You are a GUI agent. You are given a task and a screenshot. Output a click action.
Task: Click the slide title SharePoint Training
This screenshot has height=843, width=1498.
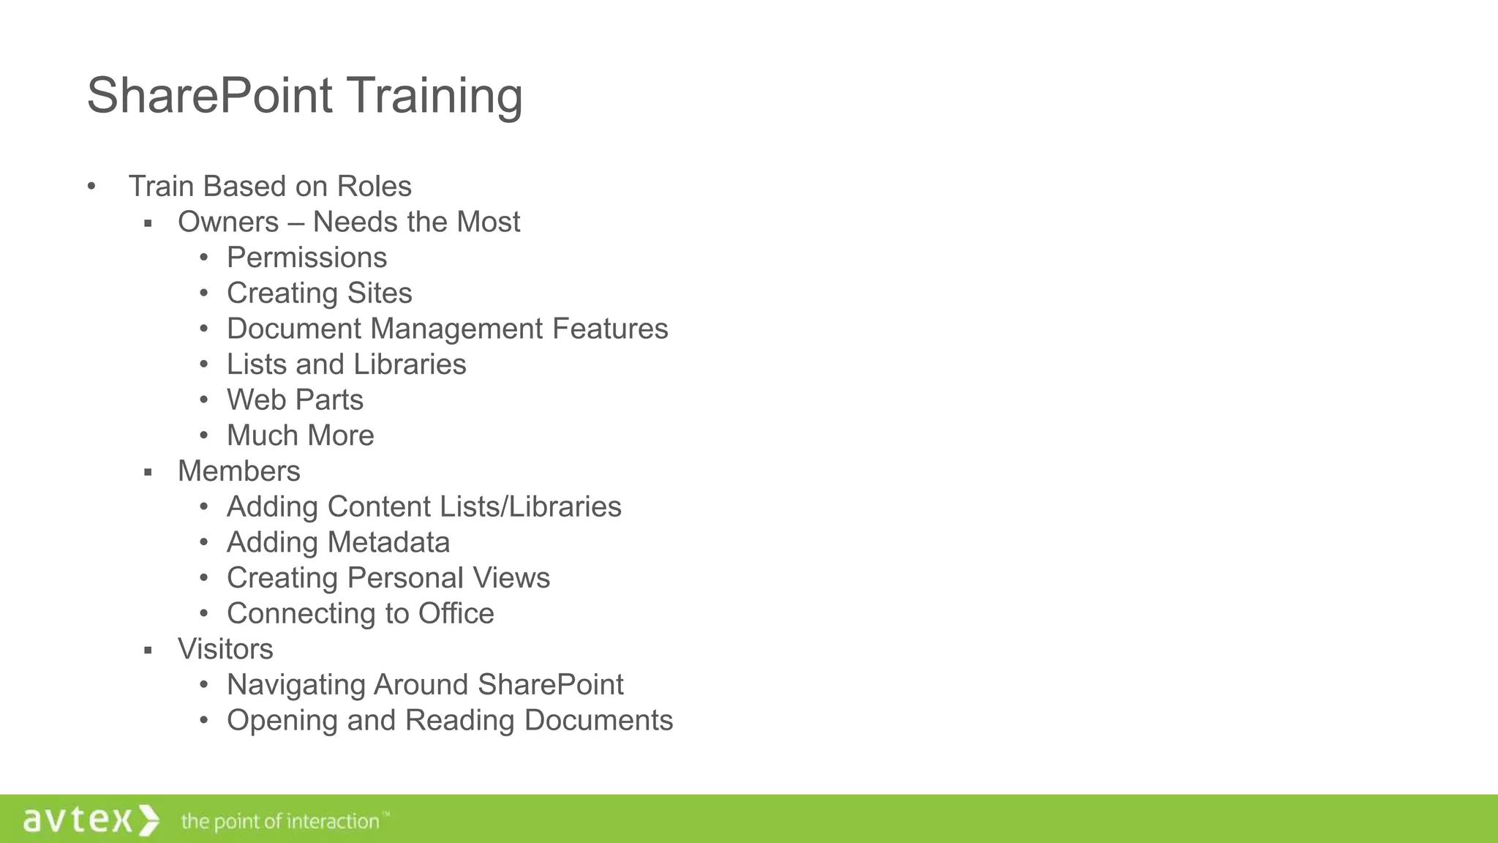304,96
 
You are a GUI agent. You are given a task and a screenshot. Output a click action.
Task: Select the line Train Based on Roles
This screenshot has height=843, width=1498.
270,187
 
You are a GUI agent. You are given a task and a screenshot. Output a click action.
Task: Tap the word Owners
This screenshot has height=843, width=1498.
228,222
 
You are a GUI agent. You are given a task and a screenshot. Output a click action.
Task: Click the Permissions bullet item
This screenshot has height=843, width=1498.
306,258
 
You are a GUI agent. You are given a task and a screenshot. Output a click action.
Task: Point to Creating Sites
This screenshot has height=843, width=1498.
319,293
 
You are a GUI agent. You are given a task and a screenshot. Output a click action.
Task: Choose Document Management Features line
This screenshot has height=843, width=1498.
447,329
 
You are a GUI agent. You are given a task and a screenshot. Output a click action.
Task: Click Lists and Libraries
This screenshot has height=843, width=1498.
346,364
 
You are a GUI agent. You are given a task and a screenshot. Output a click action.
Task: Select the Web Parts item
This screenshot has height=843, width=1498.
295,400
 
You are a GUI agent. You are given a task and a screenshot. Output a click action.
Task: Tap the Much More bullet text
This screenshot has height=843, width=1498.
300,435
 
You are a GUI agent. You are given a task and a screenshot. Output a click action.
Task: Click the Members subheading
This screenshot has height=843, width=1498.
238,471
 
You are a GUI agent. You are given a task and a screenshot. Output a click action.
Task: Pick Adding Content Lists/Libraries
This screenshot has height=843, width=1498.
424,507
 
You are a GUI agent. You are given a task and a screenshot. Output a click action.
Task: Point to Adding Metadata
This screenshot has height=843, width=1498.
338,543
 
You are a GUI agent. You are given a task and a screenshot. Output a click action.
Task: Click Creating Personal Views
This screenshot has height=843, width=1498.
388,578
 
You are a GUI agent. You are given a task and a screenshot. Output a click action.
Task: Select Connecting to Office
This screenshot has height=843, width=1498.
360,614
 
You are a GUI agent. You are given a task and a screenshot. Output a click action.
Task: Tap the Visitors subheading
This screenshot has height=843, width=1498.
225,649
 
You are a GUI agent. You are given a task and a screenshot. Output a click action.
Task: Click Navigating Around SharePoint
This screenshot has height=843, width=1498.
425,685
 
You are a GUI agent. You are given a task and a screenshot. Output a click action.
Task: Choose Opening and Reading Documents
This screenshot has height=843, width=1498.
449,721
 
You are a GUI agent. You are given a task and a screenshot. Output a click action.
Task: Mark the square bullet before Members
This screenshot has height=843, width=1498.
148,473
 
